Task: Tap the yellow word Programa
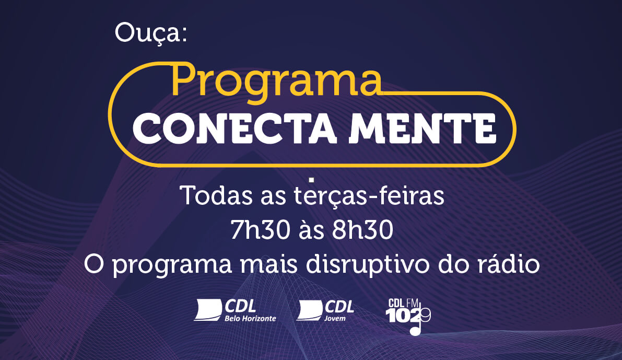276,82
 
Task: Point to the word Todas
216,195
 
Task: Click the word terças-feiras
369,195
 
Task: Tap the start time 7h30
260,230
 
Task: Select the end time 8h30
362,230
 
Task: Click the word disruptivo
368,264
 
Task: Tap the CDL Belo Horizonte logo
235,310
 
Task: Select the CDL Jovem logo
325,310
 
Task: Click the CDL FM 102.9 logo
408,316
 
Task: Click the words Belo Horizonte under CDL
250,318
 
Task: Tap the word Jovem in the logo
335,318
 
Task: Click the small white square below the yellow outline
311,180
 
